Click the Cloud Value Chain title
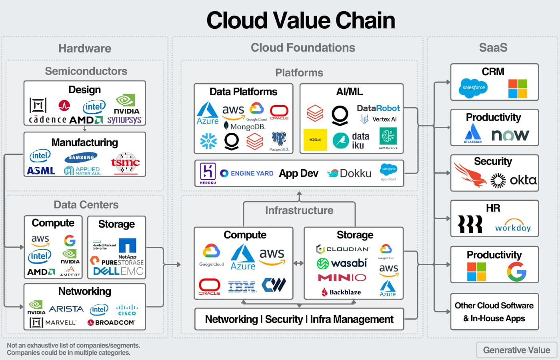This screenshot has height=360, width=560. point(300,21)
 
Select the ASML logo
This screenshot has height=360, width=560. point(41,171)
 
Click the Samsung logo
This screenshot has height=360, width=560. point(81,158)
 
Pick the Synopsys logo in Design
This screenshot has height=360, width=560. point(124,120)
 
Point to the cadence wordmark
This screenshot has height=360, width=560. point(48,120)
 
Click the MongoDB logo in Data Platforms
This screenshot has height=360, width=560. point(244,126)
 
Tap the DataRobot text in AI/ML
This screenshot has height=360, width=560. point(378,108)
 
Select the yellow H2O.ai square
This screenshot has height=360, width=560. point(315,140)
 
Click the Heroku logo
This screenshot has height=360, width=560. point(208,173)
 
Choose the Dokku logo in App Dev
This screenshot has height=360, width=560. point(350,173)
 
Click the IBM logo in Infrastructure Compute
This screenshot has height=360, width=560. point(242,286)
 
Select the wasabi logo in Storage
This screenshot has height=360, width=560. point(342,263)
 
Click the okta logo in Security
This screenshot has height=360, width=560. point(523,180)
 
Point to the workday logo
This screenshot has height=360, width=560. point(513,226)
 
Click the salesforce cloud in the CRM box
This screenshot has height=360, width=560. point(473,88)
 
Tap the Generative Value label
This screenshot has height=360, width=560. point(516,350)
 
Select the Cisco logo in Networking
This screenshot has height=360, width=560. point(127,310)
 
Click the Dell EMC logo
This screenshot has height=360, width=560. point(118,271)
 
